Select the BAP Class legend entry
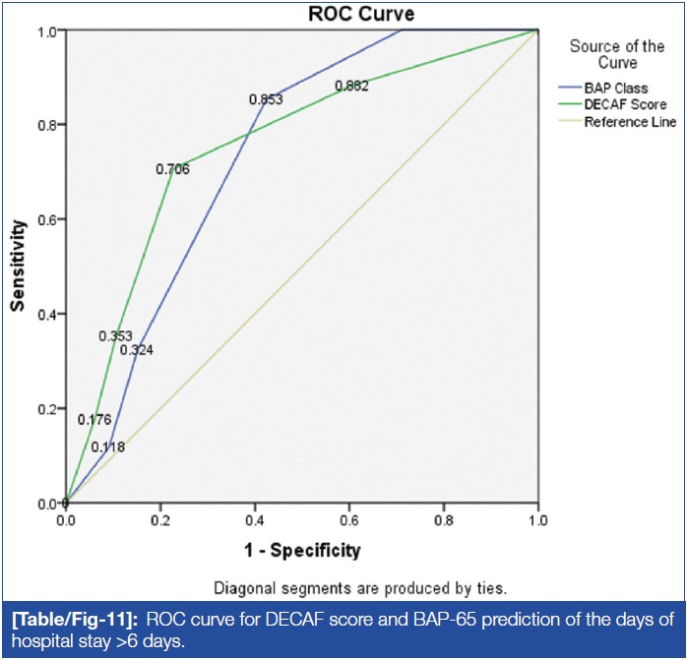point(616,88)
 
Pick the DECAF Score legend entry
point(625,104)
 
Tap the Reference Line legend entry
point(630,122)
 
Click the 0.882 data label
point(351,87)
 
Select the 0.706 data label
point(172,169)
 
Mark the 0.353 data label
point(115,336)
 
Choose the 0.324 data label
point(137,349)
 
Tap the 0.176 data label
point(94,420)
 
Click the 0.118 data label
point(108,447)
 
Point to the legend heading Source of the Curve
point(617,54)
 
